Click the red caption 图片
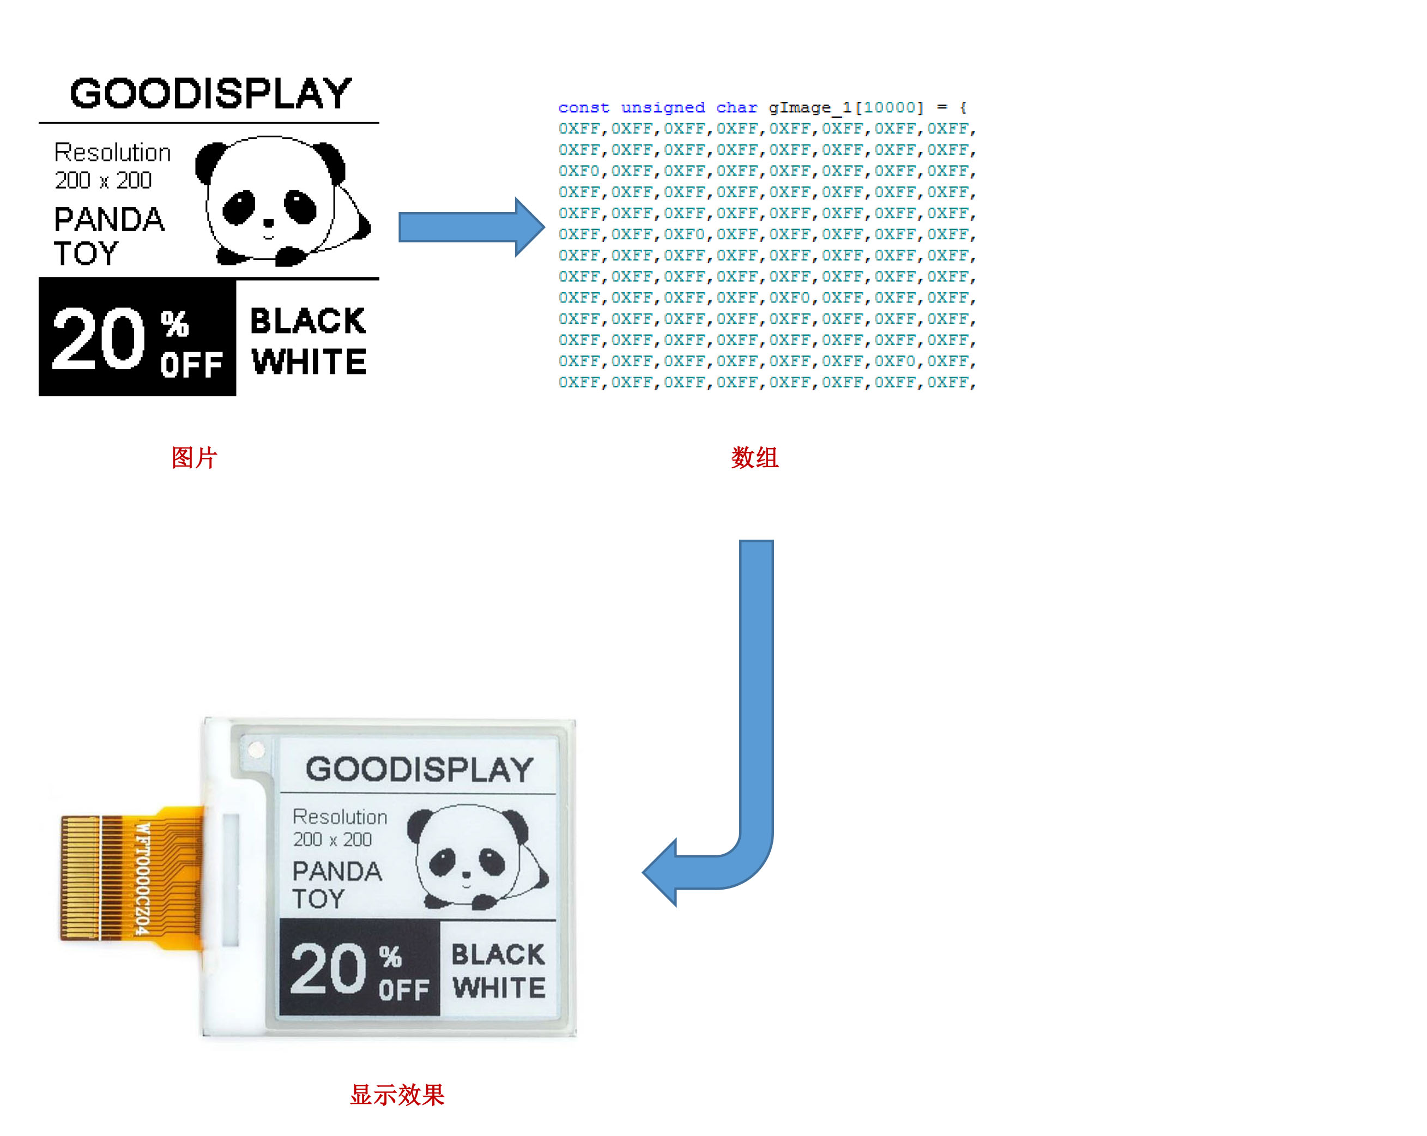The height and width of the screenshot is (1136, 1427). (x=194, y=457)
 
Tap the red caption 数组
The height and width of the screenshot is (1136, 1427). (x=754, y=457)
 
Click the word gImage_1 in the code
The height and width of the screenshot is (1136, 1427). (x=808, y=107)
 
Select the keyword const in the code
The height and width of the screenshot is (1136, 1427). (x=583, y=107)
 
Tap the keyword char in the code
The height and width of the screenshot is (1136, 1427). (x=736, y=107)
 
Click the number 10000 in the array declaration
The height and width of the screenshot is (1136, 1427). (x=889, y=107)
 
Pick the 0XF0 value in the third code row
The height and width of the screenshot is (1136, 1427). (x=578, y=171)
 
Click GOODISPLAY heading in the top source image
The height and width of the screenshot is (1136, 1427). (x=210, y=93)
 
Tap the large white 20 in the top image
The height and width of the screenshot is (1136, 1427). (x=98, y=339)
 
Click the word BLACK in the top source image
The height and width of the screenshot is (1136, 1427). (x=308, y=321)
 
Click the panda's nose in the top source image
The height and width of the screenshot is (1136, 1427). (x=269, y=223)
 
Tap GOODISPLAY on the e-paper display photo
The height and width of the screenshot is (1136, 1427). (x=419, y=769)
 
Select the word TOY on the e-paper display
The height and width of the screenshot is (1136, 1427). (x=318, y=899)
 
